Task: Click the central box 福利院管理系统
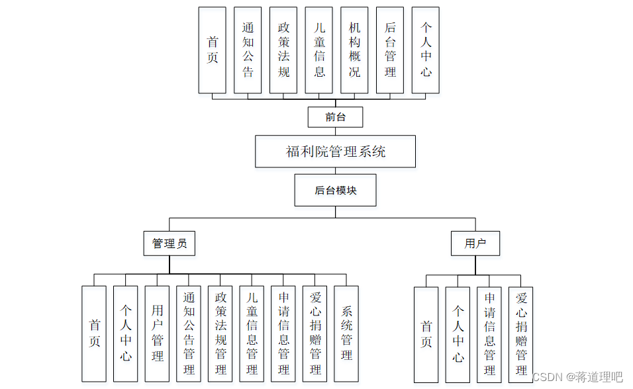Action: point(335,151)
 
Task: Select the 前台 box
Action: point(335,118)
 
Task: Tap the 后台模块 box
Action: point(335,191)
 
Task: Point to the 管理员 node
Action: point(170,243)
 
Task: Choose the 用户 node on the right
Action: point(475,243)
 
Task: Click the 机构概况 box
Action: point(354,50)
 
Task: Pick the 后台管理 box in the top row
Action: point(390,50)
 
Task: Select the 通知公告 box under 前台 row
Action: point(248,50)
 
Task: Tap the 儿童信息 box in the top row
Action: point(319,50)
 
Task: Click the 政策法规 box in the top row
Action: point(283,50)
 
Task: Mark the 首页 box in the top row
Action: point(212,50)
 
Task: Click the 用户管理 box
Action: point(157,333)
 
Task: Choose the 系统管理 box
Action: point(346,333)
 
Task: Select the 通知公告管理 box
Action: point(189,333)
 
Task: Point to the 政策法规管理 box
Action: point(220,333)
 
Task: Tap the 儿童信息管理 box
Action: point(252,333)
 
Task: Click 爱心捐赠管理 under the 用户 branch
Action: point(521,335)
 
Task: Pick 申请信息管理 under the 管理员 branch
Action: point(283,333)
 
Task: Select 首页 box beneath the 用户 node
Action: point(426,335)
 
